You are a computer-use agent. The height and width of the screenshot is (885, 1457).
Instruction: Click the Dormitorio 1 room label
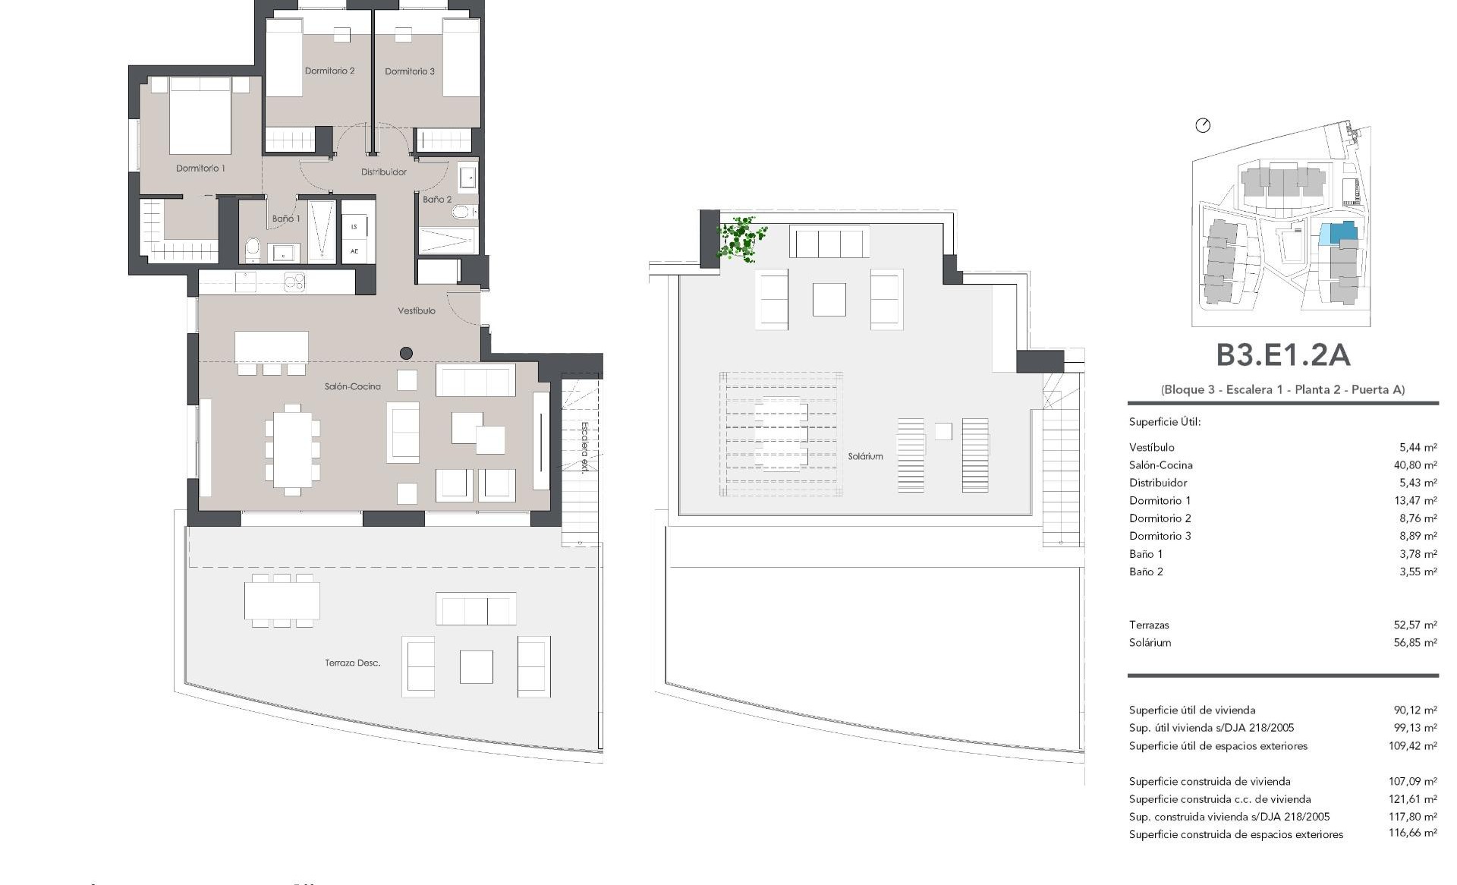tap(200, 168)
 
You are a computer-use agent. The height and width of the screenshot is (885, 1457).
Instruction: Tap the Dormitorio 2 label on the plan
tap(329, 71)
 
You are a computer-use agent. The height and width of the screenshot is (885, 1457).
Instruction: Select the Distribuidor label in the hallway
tap(383, 172)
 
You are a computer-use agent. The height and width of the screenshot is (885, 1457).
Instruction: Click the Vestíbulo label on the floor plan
tap(417, 310)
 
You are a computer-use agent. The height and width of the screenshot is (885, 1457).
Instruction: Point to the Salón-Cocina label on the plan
tap(353, 386)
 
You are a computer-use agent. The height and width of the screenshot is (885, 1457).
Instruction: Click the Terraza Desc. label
tap(353, 663)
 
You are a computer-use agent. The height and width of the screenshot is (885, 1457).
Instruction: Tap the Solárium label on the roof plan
tap(865, 456)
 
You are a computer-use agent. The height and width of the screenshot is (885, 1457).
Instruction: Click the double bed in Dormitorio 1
tap(200, 115)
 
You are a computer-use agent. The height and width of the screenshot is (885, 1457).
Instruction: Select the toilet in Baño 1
tap(253, 248)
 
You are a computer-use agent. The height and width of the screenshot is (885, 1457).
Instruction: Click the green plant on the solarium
tap(740, 238)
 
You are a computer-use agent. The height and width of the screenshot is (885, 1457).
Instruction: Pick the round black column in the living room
tap(406, 353)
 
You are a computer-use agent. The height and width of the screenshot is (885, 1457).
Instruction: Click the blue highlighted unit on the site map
tap(1337, 232)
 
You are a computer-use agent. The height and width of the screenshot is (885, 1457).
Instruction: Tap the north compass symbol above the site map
tap(1203, 125)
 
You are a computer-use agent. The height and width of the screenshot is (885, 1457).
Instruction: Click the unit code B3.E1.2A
tap(1282, 355)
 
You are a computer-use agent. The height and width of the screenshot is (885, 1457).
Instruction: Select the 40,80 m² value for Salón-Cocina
tap(1415, 465)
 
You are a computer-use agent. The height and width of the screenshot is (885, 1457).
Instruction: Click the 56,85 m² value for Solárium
tap(1415, 643)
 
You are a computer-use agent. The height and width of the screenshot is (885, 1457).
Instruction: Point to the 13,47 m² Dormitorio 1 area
tap(1416, 501)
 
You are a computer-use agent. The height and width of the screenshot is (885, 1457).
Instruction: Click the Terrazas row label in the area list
tap(1149, 625)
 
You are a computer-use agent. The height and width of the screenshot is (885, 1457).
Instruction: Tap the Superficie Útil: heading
tap(1165, 422)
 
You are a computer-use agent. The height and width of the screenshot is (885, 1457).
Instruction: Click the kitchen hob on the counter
tap(294, 282)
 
